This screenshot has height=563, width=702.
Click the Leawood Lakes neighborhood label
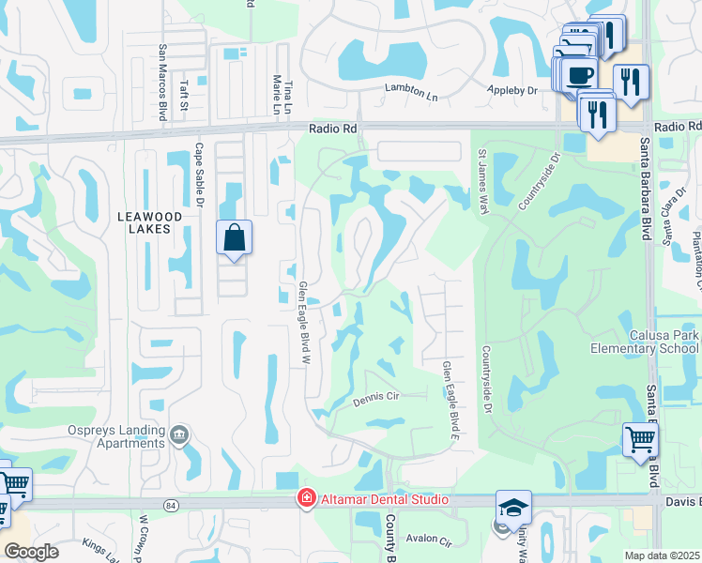(144, 221)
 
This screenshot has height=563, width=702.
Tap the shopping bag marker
(234, 237)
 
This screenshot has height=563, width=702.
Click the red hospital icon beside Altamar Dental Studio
(305, 499)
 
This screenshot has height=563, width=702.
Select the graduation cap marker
(513, 508)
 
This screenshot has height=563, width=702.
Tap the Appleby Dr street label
(511, 90)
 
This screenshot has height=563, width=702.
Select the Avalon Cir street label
(429, 540)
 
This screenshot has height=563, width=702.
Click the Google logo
(31, 552)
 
